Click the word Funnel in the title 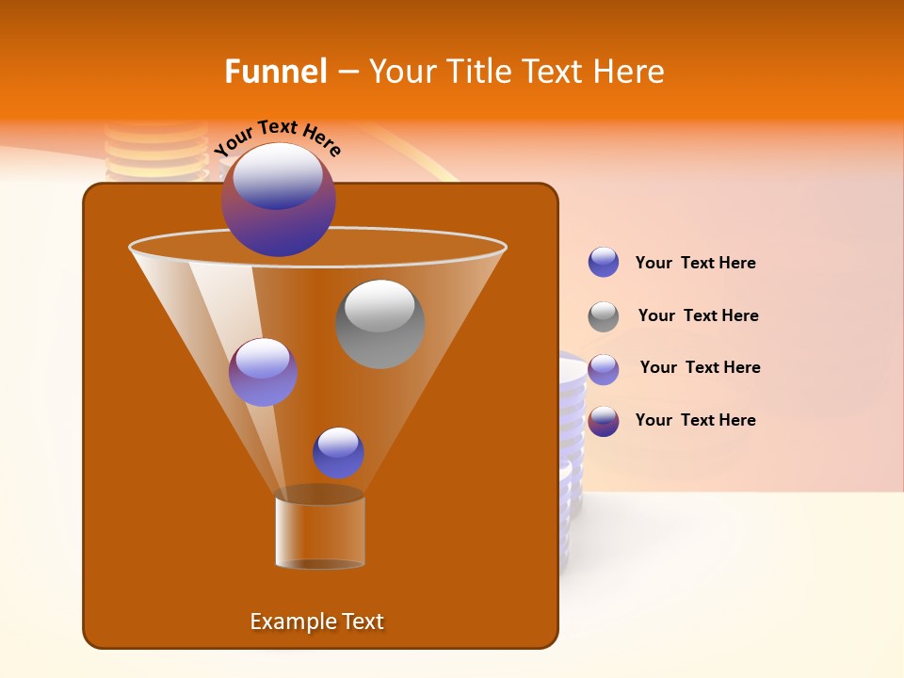[275, 72]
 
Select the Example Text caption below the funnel [316, 621]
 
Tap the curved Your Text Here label [278, 137]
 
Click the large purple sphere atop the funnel [279, 200]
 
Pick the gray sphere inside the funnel [379, 324]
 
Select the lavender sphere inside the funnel [263, 372]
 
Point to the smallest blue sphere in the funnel [338, 453]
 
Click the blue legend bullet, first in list [604, 263]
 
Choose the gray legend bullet [604, 316]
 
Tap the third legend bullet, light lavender [604, 369]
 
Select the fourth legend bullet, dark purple [604, 421]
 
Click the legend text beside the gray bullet [698, 315]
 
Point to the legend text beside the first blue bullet [695, 263]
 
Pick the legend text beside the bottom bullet [695, 420]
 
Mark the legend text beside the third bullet [700, 367]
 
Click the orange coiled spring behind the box [155, 151]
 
